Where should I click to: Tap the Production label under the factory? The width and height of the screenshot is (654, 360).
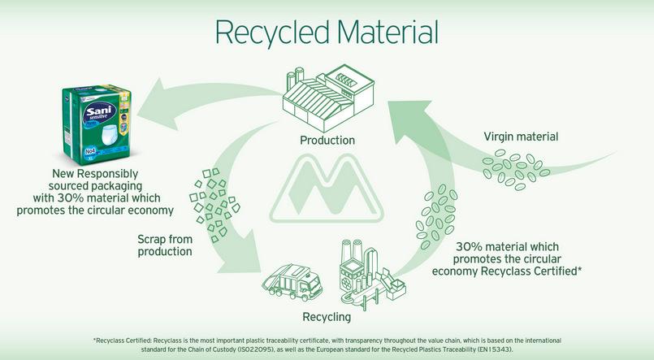327,140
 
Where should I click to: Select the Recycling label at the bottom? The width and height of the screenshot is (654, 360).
327,317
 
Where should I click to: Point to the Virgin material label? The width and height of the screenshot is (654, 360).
521,137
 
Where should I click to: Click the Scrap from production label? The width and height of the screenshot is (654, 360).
165,245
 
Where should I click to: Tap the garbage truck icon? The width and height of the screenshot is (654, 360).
292,282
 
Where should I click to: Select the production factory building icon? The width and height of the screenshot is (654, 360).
328,98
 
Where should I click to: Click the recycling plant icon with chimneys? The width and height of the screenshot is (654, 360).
372,274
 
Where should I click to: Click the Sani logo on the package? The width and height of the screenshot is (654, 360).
99,112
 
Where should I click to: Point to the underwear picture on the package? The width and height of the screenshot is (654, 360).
111,135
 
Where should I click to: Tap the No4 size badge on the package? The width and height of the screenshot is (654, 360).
91,151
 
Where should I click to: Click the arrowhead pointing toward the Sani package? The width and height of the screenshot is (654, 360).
154,102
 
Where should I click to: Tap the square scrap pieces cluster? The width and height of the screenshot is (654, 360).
214,205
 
